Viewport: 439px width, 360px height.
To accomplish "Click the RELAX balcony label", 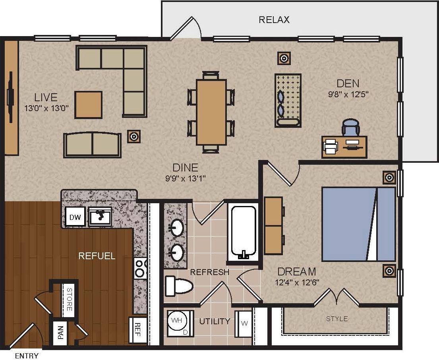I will [x=274, y=19].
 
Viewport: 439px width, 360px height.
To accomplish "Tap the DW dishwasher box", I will [x=75, y=217].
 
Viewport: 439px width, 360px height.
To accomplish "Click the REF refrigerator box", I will [x=137, y=329].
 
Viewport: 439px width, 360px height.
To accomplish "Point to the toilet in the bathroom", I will [x=178, y=285].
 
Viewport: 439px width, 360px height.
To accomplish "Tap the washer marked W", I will [x=244, y=323].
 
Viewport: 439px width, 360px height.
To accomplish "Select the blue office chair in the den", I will [x=350, y=128].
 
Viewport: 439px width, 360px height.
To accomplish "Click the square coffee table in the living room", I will [x=88, y=105].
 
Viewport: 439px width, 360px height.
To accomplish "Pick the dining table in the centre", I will [x=211, y=112].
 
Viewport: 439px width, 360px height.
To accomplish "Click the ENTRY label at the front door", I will [x=27, y=356].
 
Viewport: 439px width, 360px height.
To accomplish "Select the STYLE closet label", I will [x=337, y=318].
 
